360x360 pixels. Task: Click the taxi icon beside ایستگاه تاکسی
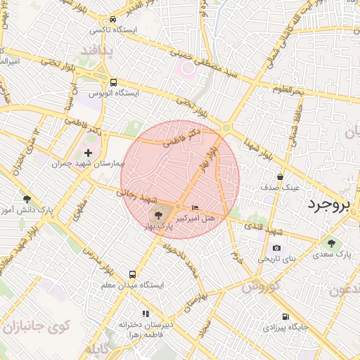[x=113, y=20]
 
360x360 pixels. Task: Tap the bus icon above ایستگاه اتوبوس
[x=113, y=81]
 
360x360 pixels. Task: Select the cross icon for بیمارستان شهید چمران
[x=88, y=152]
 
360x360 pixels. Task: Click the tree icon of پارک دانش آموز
[x=27, y=199]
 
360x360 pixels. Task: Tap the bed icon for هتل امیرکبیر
[x=195, y=207]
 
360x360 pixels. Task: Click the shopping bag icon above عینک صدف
[x=281, y=176]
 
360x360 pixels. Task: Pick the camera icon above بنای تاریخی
[x=276, y=247]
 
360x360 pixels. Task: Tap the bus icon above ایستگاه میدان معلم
[x=132, y=274]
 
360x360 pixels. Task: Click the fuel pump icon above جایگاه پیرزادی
[x=285, y=316]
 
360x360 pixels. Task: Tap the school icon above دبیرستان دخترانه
[x=146, y=314]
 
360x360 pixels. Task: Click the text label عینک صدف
[x=281, y=188]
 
